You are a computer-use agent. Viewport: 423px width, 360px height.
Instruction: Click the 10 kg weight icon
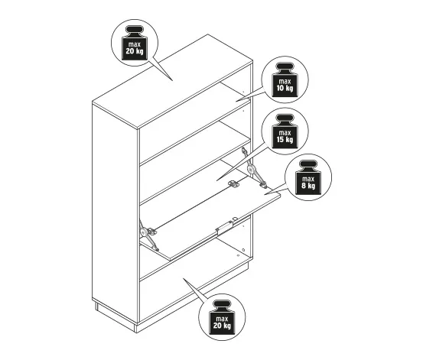(x=285, y=80)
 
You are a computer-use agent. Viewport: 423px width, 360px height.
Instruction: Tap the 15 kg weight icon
(x=285, y=131)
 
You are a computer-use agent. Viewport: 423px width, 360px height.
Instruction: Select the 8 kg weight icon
(x=308, y=178)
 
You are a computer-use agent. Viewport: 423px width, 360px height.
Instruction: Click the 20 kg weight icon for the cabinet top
(x=135, y=43)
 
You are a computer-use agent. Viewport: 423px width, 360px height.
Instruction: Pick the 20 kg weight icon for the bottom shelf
(x=222, y=317)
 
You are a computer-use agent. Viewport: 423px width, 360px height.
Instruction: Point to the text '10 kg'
(x=285, y=88)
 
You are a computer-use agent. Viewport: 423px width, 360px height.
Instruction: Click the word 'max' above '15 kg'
(x=285, y=132)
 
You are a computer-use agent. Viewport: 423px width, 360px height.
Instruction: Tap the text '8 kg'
(x=308, y=186)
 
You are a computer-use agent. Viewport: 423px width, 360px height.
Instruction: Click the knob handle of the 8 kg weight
(x=308, y=164)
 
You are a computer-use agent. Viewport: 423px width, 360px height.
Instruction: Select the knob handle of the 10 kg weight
(x=285, y=66)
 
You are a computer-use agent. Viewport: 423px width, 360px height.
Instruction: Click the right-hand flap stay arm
(x=253, y=167)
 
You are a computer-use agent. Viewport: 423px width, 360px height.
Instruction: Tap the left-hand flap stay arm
(x=148, y=235)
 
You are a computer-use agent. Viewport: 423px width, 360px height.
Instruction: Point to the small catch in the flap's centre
(x=233, y=184)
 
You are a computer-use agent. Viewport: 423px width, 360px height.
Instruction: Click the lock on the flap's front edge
(x=224, y=226)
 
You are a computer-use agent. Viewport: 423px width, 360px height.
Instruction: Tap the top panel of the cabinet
(x=173, y=81)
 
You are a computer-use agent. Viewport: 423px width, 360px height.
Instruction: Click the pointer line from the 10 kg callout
(x=249, y=94)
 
